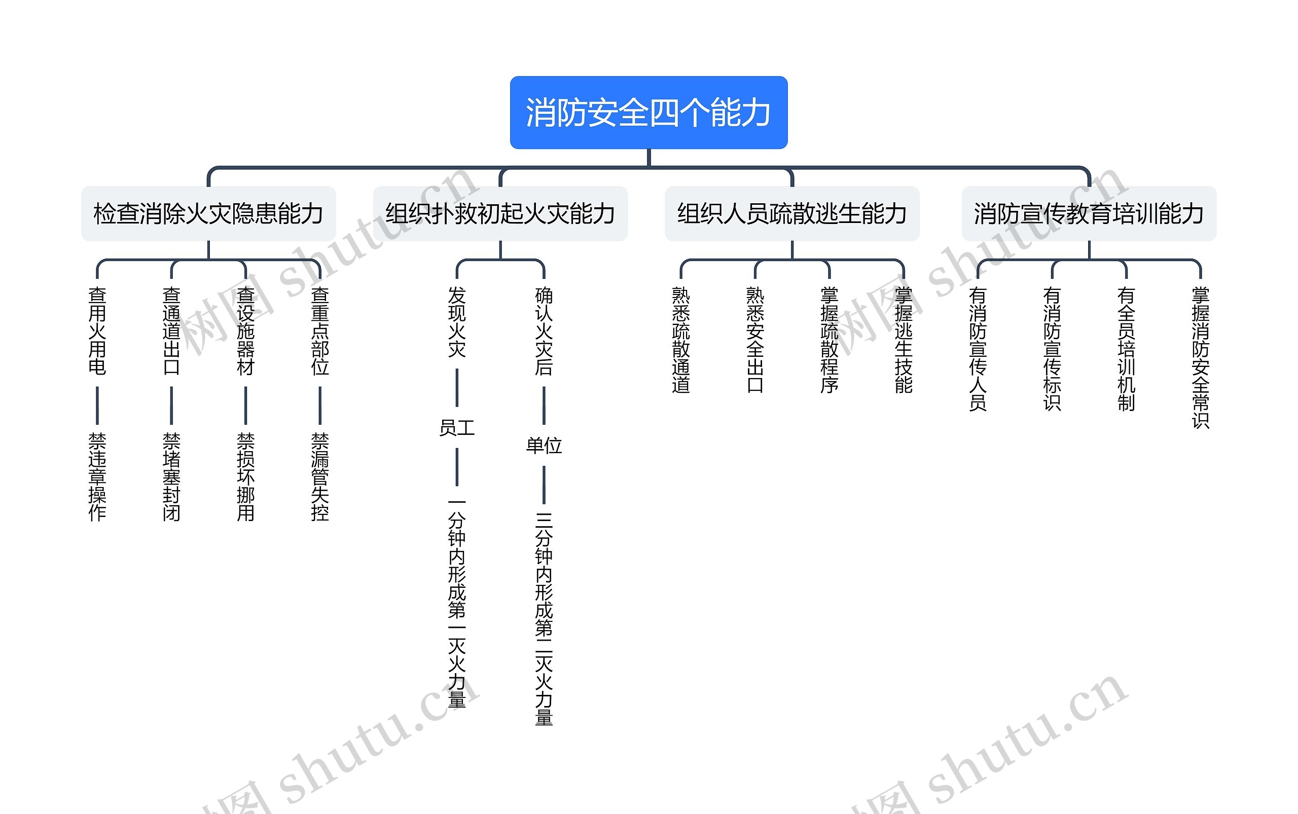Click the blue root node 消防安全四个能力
pyautogui.click(x=648, y=113)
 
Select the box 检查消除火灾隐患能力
pyautogui.click(x=208, y=214)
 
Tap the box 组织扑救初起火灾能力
pyautogui.click(x=500, y=214)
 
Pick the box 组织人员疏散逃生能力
pyautogui.click(x=791, y=214)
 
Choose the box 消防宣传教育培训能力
pyautogui.click(x=1089, y=214)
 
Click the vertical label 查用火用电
pyautogui.click(x=97, y=330)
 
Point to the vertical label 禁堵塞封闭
pyautogui.click(x=171, y=477)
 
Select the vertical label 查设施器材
pyautogui.click(x=245, y=330)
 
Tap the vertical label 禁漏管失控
pyautogui.click(x=320, y=477)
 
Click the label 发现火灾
pyautogui.click(x=457, y=322)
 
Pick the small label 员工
pyautogui.click(x=457, y=428)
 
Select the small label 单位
pyautogui.click(x=544, y=445)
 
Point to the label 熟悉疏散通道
pyautogui.click(x=681, y=340)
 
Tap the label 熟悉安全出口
pyautogui.click(x=755, y=340)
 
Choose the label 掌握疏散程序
pyautogui.click(x=830, y=340)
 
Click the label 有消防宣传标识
pyautogui.click(x=1052, y=348)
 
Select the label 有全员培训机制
pyautogui.click(x=1126, y=348)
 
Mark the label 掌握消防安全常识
pyautogui.click(x=1201, y=357)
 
